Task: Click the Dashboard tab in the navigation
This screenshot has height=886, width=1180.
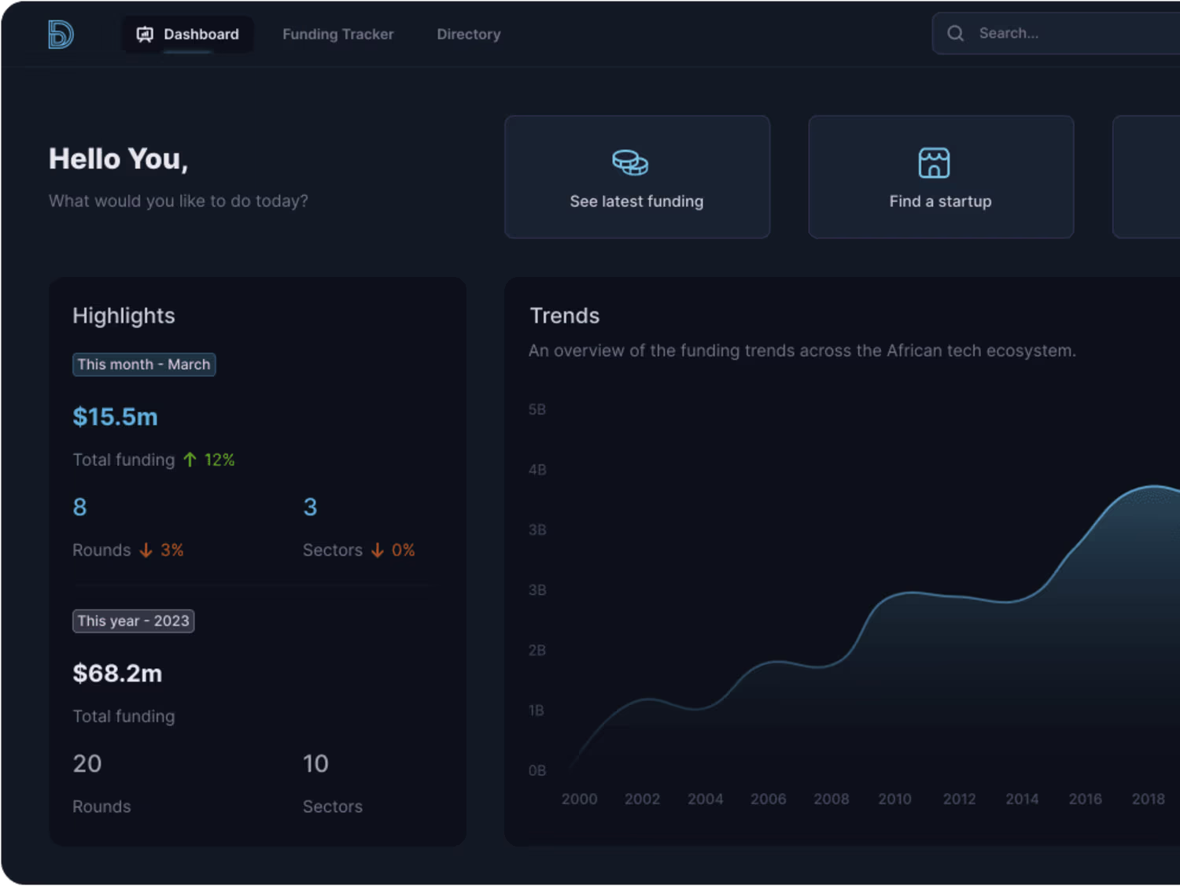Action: pyautogui.click(x=188, y=35)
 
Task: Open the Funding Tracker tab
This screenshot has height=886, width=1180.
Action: pyautogui.click(x=337, y=35)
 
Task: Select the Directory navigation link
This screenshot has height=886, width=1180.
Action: pyautogui.click(x=468, y=35)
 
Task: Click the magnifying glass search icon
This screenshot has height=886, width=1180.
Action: pyautogui.click(x=955, y=33)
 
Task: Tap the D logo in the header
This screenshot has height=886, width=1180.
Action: pyautogui.click(x=61, y=35)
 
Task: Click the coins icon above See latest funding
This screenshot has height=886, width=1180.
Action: pyautogui.click(x=630, y=163)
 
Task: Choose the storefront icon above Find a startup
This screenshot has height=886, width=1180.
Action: pyautogui.click(x=934, y=163)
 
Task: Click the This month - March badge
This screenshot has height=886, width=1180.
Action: pyautogui.click(x=144, y=364)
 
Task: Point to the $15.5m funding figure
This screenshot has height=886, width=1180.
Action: pyautogui.click(x=116, y=417)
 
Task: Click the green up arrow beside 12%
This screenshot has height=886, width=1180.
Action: pyautogui.click(x=190, y=460)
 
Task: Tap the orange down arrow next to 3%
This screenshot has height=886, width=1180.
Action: pyautogui.click(x=146, y=550)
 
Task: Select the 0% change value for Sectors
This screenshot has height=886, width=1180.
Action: pyautogui.click(x=403, y=550)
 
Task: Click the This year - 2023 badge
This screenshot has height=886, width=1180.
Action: pyautogui.click(x=134, y=621)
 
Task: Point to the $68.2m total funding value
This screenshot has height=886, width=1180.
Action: pyautogui.click(x=117, y=674)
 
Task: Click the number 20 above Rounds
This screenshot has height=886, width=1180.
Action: pyautogui.click(x=87, y=763)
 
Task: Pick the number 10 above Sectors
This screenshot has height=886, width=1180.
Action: pyautogui.click(x=315, y=763)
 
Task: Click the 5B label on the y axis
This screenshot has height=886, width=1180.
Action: pyautogui.click(x=537, y=409)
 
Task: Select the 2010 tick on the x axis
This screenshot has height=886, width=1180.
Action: pyautogui.click(x=894, y=799)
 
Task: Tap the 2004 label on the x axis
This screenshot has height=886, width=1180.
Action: pyautogui.click(x=705, y=799)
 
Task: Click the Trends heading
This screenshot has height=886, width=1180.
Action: pyautogui.click(x=565, y=316)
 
